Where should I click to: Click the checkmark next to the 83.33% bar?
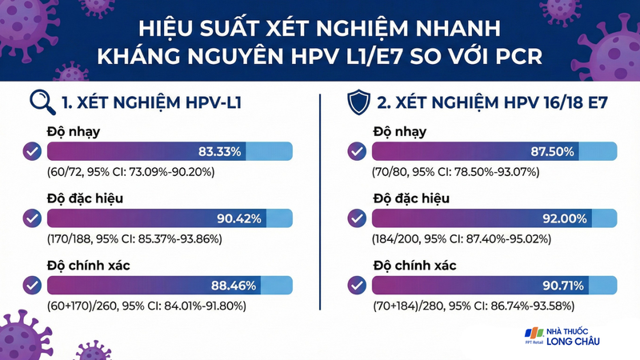pos(32,150)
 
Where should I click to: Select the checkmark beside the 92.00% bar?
pos(357,218)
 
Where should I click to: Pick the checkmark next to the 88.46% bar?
pos(32,285)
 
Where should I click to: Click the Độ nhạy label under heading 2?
pos(400,132)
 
